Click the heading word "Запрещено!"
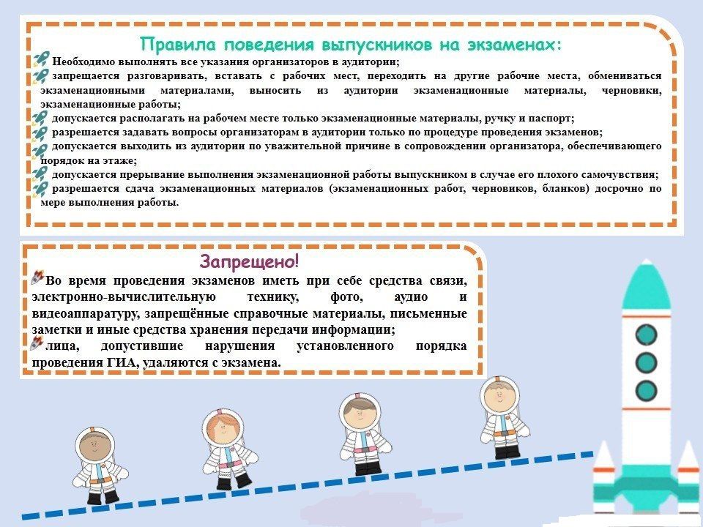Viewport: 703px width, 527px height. (249, 261)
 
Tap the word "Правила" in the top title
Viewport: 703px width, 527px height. (178, 45)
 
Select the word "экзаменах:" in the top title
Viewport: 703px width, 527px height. (515, 45)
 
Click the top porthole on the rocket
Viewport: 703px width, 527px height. (646, 334)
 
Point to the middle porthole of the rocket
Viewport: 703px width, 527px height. (646, 362)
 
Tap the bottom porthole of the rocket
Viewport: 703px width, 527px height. (646, 390)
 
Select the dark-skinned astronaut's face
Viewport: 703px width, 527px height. (94, 446)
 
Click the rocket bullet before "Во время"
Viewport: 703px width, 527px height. (37, 277)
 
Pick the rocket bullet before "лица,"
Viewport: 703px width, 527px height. (37, 343)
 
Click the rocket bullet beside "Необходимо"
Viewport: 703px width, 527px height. (41, 59)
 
